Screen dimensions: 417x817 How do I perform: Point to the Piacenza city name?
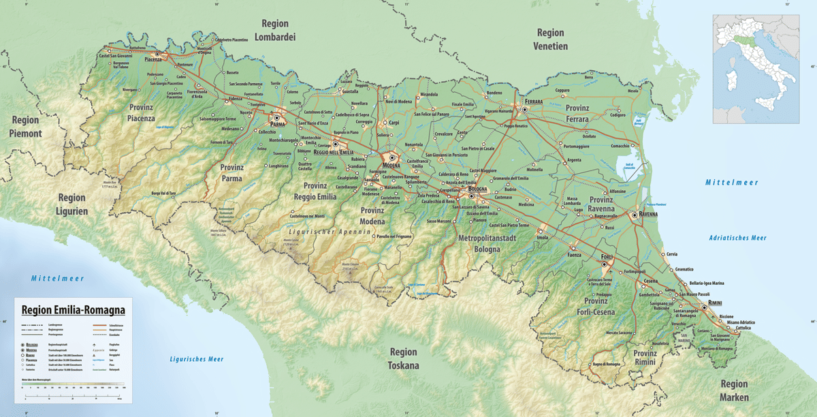click(x=153, y=59)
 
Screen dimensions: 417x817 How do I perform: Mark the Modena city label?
click(x=391, y=165)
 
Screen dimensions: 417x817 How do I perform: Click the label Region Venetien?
click(x=550, y=40)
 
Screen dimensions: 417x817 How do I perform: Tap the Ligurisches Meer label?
click(x=196, y=359)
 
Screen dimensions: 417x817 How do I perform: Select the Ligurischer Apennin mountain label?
click(x=328, y=232)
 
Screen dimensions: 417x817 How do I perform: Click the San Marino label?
click(x=683, y=338)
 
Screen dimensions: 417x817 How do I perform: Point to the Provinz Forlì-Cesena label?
click(x=590, y=307)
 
